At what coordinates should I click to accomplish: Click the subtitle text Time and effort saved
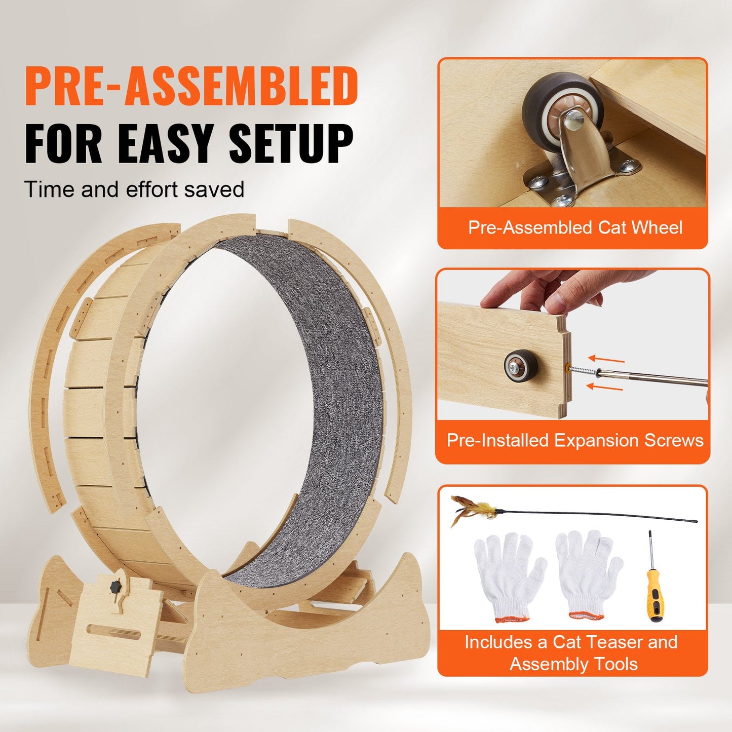pyautogui.click(x=134, y=189)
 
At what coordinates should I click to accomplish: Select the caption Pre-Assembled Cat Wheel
pyautogui.click(x=575, y=227)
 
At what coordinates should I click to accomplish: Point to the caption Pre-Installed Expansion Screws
pyautogui.click(x=575, y=440)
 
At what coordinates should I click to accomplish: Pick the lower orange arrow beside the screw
pyautogui.click(x=604, y=388)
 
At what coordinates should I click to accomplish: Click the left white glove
pyautogui.click(x=509, y=575)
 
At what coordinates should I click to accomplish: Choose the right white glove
pyautogui.click(x=588, y=572)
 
